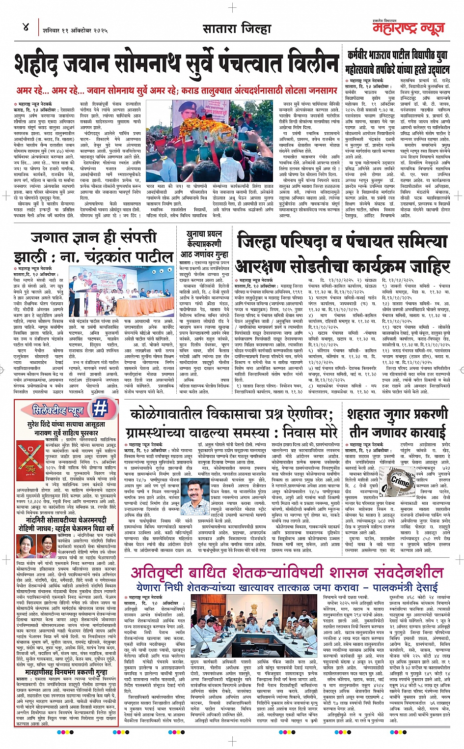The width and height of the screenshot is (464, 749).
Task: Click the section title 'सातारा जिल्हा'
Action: click(237, 28)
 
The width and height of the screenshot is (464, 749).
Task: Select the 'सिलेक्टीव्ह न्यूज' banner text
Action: click(58, 409)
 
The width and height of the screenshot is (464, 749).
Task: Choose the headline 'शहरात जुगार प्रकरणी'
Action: click(397, 414)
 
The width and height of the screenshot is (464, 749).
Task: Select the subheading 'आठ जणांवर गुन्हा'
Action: click(204, 254)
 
